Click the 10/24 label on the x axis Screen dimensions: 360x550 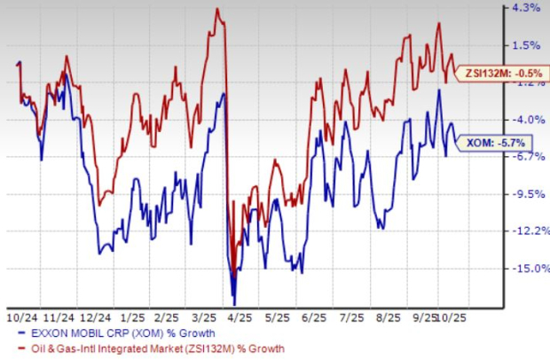(x=19, y=316)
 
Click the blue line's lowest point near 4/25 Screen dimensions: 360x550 (x=234, y=303)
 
